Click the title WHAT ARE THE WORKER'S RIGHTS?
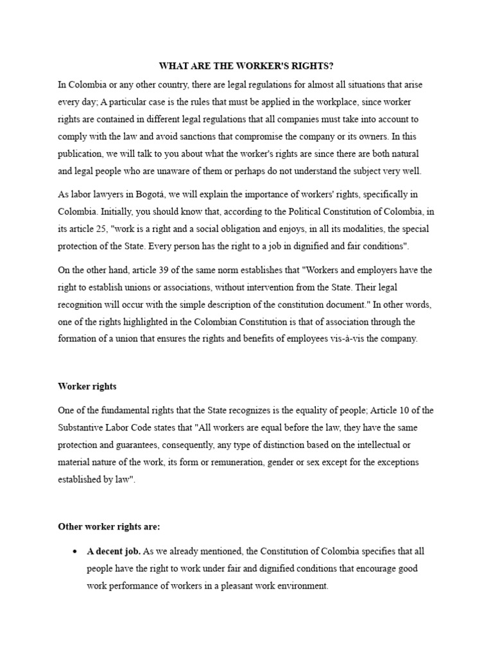(x=246, y=67)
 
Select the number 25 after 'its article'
(x=101, y=229)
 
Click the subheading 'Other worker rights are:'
(x=108, y=527)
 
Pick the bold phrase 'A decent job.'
(x=114, y=551)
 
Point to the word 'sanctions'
(x=205, y=137)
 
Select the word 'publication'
(x=84, y=154)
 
